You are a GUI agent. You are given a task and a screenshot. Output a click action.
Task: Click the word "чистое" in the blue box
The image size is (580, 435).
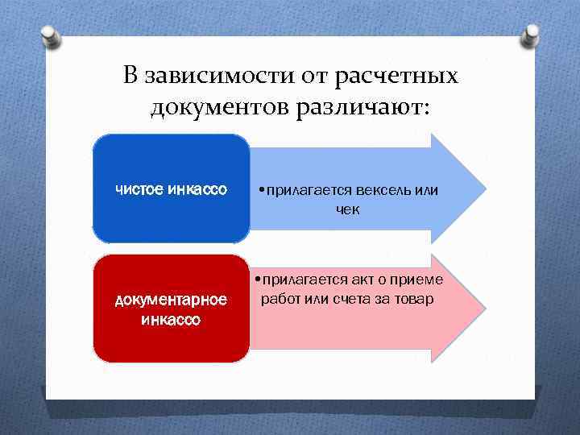point(139,190)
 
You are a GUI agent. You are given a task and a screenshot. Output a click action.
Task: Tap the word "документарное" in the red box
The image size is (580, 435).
point(172,300)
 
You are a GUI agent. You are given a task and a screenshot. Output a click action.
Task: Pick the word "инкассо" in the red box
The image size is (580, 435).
point(172,319)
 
